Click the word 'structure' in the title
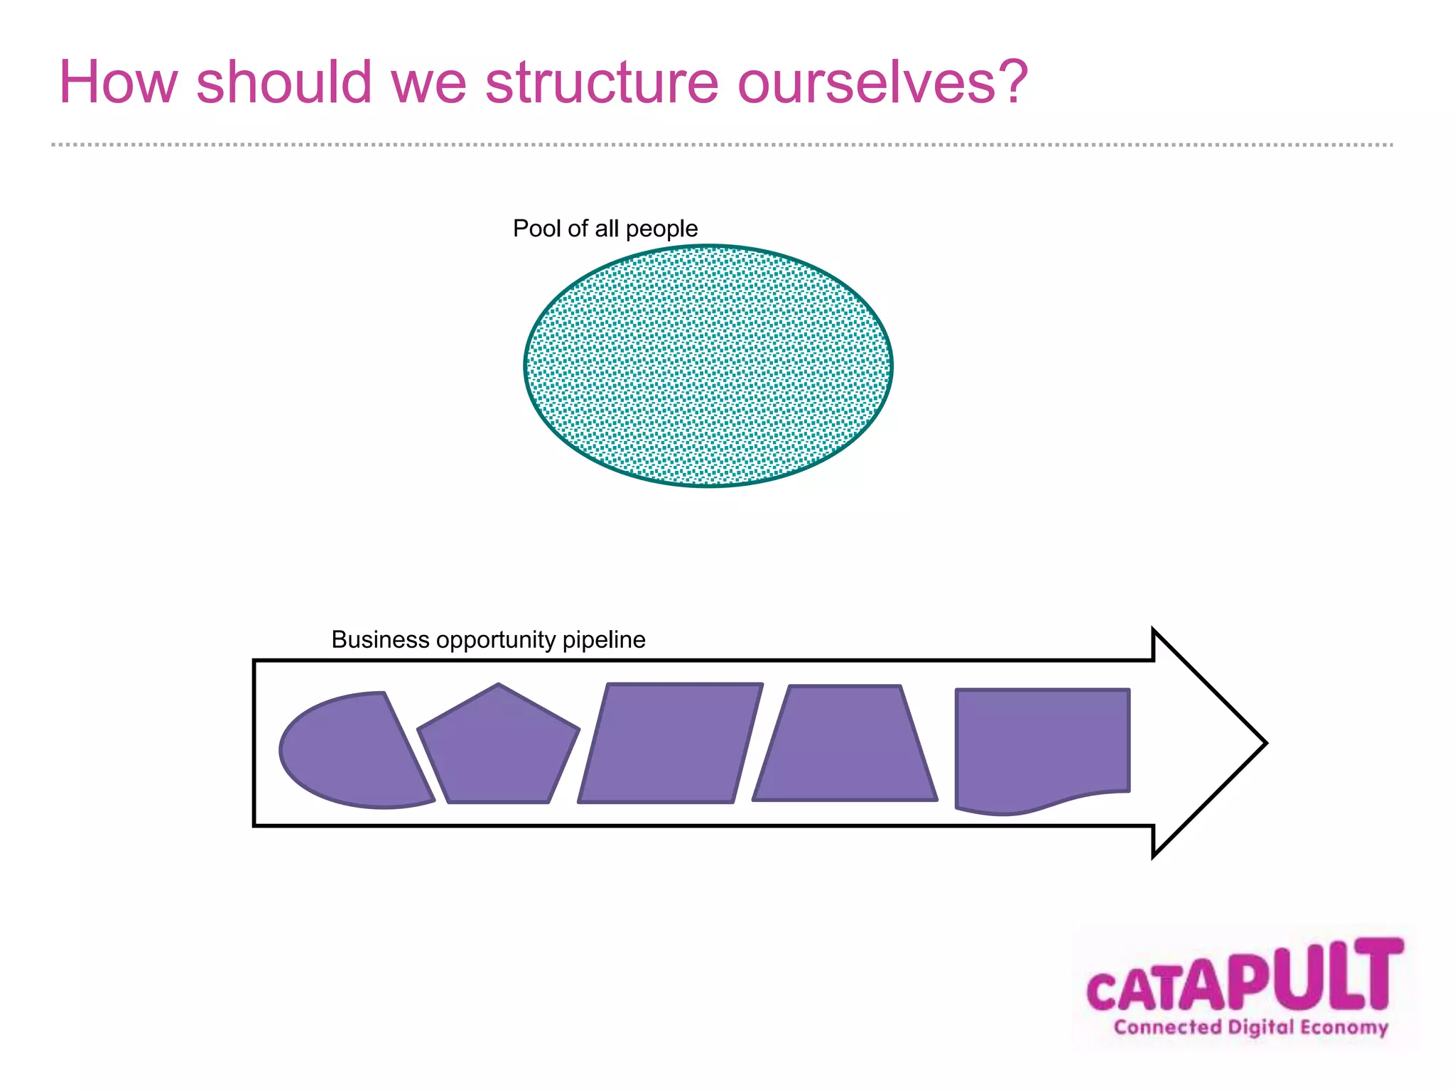click(x=602, y=82)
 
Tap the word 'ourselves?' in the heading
click(x=882, y=82)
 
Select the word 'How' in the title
click(x=118, y=82)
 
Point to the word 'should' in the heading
click(x=284, y=82)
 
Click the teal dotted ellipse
click(x=708, y=367)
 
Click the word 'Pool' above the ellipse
click(x=537, y=229)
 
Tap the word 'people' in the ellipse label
click(x=661, y=229)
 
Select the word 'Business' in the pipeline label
click(x=380, y=640)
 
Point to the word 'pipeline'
click(x=604, y=640)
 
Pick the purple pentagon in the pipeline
click(x=499, y=749)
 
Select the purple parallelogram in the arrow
click(x=670, y=744)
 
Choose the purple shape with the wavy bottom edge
click(x=1042, y=746)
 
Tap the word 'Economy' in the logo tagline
click(x=1344, y=1028)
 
